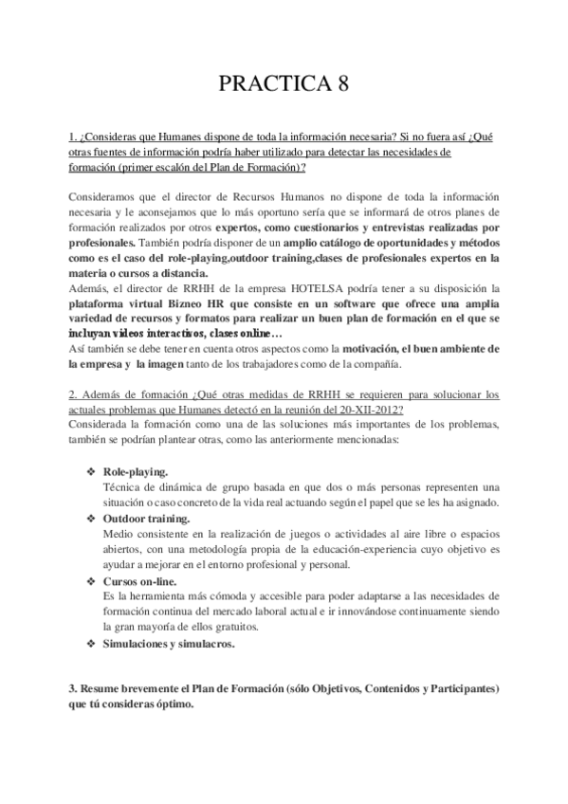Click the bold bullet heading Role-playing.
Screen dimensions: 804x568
136,471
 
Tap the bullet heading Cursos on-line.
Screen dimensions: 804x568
139,581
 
